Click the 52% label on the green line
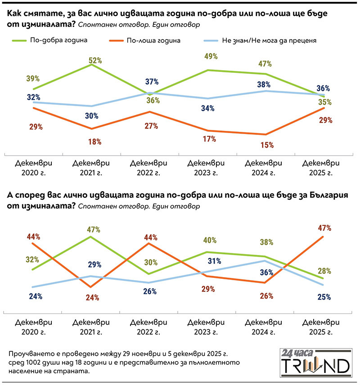(95, 60)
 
